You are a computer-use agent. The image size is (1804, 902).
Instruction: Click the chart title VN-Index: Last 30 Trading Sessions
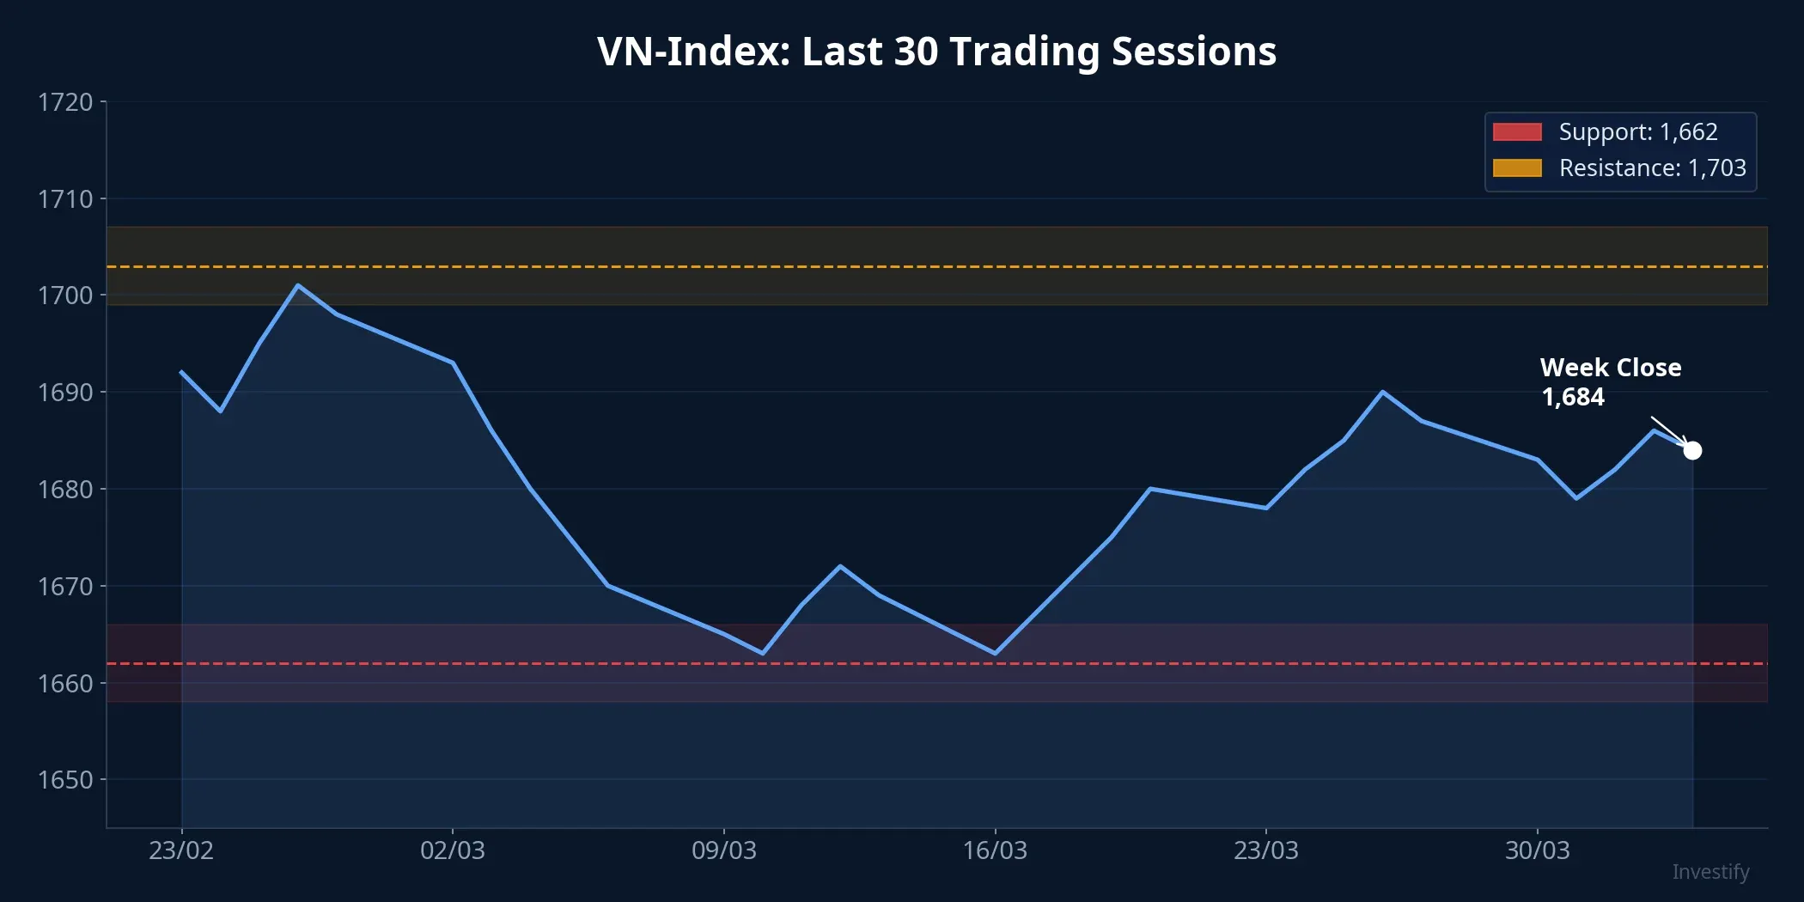tap(936, 52)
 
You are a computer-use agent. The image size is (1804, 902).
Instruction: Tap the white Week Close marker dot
tap(1692, 450)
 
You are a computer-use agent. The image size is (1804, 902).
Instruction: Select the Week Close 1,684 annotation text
tap(1610, 382)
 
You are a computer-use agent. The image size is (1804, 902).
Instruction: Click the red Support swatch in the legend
tap(1517, 131)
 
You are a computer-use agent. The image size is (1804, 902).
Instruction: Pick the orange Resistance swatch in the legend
tap(1517, 168)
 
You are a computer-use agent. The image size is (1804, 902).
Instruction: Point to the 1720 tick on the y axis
tap(65, 102)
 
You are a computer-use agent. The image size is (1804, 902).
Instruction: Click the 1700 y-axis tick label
tap(65, 296)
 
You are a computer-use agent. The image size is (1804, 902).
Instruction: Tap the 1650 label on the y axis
tap(65, 780)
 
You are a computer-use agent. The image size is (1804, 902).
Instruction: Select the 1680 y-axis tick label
tap(65, 490)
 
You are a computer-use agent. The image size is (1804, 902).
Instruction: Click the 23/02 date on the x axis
tap(181, 850)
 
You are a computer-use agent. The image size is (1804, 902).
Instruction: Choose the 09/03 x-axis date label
tap(723, 850)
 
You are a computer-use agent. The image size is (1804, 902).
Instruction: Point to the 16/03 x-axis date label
tap(995, 850)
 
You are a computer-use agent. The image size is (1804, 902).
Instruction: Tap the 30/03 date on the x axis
tap(1537, 850)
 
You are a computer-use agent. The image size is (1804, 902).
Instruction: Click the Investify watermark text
tap(1710, 872)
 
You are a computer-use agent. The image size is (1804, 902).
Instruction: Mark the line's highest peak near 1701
tap(297, 285)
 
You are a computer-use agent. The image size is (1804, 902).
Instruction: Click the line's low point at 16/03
tap(995, 654)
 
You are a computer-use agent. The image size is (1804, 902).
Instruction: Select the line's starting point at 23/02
tap(181, 372)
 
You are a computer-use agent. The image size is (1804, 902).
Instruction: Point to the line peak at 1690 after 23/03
tap(1382, 392)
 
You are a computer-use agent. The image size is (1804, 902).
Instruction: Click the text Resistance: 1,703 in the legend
tap(1652, 168)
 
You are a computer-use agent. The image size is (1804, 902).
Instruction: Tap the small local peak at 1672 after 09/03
tap(839, 566)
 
